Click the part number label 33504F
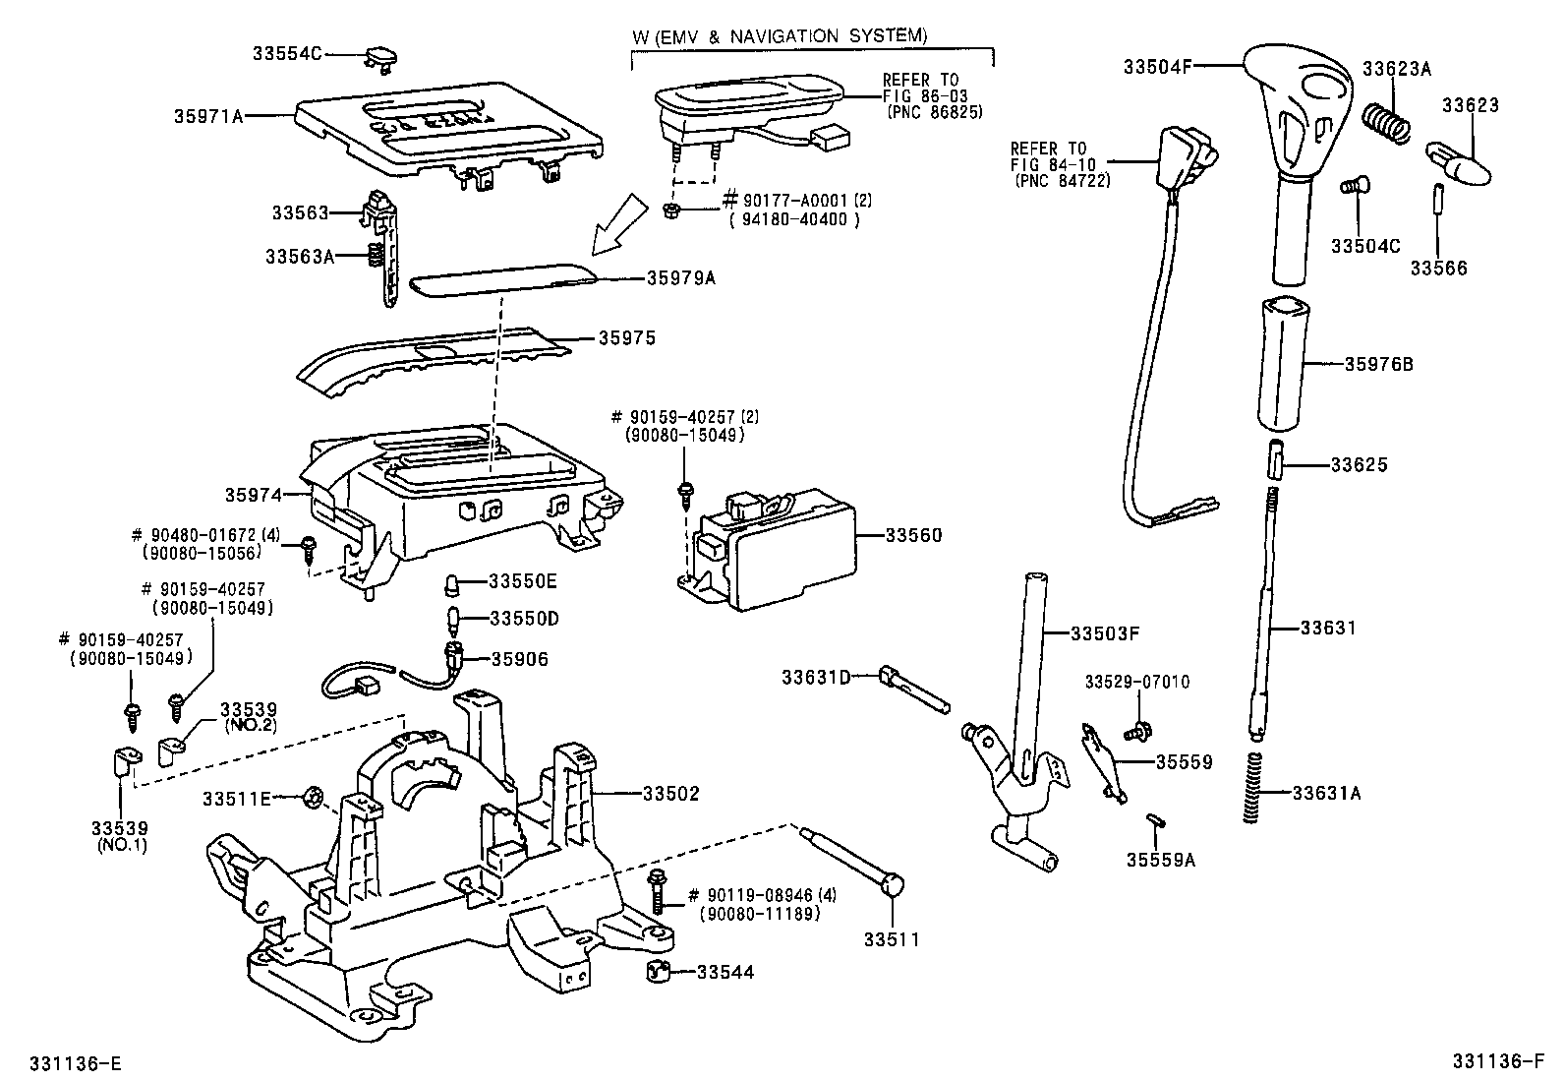[x=1157, y=67]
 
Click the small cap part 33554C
[x=381, y=57]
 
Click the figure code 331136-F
[x=1501, y=1061]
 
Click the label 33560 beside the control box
[x=913, y=535]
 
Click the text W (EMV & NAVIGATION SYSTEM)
[x=780, y=36]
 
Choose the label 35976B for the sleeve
[x=1378, y=364]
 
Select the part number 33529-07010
[x=1137, y=682]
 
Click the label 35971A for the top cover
[x=208, y=116]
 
